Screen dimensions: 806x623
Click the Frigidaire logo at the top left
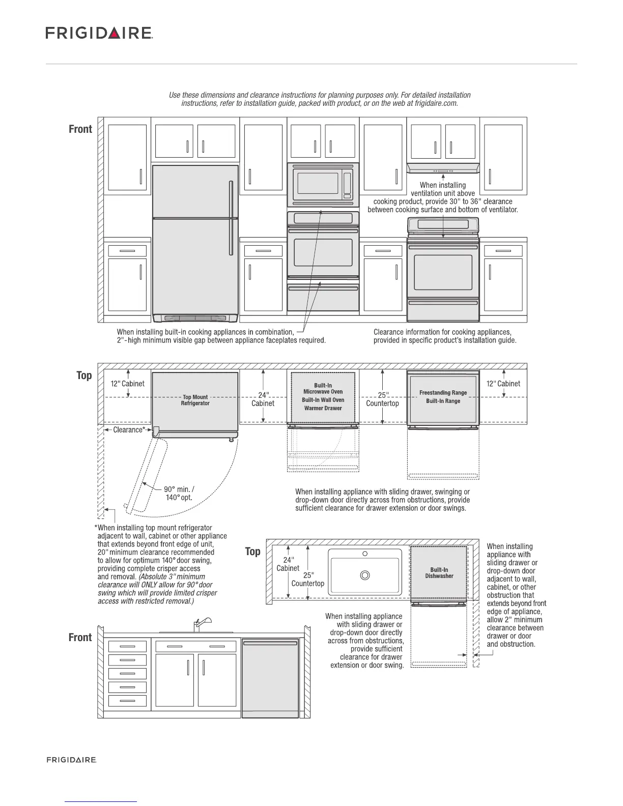tap(99, 33)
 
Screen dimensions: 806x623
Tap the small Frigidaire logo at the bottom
tap(72, 760)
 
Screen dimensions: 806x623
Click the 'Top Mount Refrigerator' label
tap(195, 400)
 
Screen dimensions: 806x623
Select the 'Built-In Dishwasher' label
tap(439, 572)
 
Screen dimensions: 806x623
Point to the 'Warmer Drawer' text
tap(323, 408)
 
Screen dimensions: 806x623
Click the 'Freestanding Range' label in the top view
tap(443, 392)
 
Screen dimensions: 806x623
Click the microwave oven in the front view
tap(323, 184)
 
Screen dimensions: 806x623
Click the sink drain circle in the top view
tap(365, 575)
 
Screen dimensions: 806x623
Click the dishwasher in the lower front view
tap(270, 678)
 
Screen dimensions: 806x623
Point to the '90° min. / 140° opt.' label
tap(179, 493)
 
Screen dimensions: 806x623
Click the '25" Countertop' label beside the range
tap(383, 399)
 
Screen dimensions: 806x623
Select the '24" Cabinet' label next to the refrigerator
tap(263, 399)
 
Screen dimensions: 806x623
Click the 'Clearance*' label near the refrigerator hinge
tap(129, 430)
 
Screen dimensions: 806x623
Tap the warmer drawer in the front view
tap(323, 298)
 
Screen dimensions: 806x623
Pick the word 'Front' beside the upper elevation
tap(80, 129)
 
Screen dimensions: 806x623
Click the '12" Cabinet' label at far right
tap(503, 384)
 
